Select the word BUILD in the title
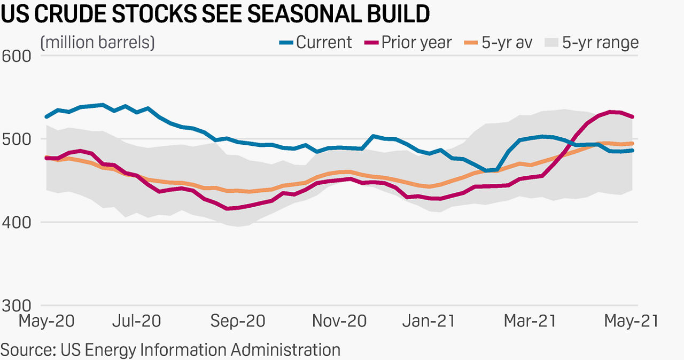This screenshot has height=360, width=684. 398,15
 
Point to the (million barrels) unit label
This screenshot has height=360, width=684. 97,42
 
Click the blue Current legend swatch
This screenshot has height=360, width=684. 286,43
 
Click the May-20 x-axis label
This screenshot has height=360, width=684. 46,321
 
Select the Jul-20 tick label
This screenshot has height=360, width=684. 137,321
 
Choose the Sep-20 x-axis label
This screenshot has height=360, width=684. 238,321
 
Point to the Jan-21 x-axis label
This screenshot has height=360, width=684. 429,321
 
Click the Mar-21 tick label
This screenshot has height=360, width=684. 529,321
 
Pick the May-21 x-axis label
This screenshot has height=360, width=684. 631,321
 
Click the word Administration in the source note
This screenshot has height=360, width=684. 285,350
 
